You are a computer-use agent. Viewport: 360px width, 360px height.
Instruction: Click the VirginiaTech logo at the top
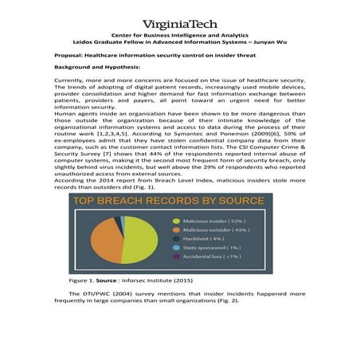179,24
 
